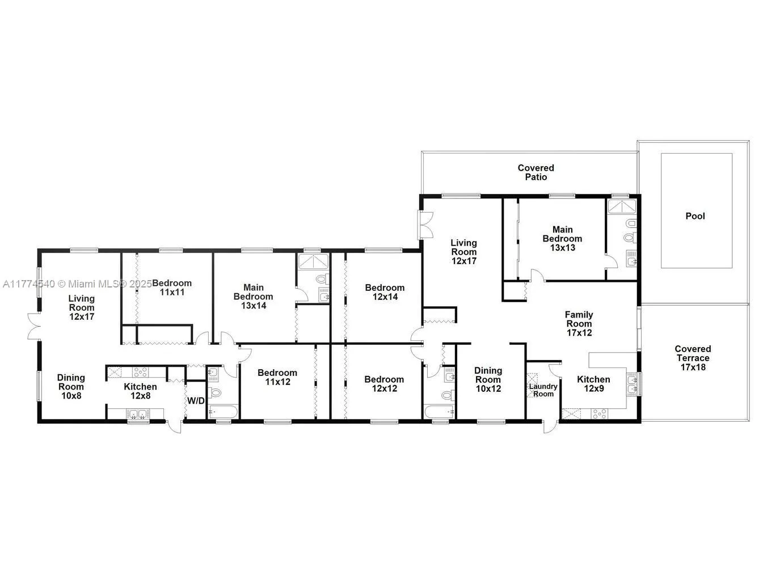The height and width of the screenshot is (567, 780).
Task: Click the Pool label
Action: (x=695, y=216)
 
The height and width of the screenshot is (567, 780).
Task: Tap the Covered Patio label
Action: (x=536, y=172)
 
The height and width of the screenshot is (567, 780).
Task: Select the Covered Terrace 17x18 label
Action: (x=693, y=358)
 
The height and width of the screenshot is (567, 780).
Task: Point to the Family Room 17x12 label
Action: (x=579, y=323)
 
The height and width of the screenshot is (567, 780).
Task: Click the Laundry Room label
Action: (x=543, y=390)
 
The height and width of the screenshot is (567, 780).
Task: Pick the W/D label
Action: (x=196, y=401)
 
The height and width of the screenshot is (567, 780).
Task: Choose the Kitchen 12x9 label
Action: (x=593, y=384)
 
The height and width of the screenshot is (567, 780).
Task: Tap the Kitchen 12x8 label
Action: (x=140, y=391)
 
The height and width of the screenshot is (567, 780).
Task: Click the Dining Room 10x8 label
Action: (x=71, y=386)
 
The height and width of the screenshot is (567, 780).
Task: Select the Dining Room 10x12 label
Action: (x=488, y=379)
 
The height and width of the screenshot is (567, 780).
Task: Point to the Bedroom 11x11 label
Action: (x=172, y=287)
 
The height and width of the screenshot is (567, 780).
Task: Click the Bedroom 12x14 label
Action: (x=385, y=292)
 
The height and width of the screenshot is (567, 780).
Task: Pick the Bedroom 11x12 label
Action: (x=277, y=377)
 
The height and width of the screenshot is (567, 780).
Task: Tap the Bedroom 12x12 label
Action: (x=384, y=384)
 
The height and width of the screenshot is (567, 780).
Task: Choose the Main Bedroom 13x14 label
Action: (x=253, y=296)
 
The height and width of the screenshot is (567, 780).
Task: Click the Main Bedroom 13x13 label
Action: (x=562, y=238)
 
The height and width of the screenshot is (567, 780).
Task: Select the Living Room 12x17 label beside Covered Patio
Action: (x=463, y=252)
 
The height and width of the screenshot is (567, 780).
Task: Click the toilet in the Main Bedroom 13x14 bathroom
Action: (x=322, y=280)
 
